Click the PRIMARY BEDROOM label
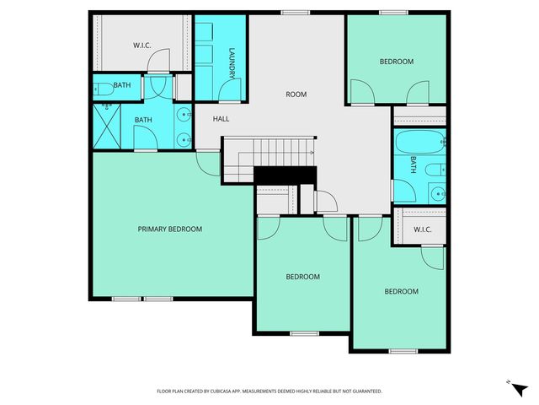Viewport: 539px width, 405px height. click(170, 229)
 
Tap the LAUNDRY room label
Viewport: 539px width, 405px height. click(232, 65)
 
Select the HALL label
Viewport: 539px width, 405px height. click(221, 119)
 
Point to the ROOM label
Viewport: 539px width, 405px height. click(296, 94)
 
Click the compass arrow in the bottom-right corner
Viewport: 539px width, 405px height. click(510, 381)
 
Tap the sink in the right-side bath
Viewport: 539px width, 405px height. click(437, 194)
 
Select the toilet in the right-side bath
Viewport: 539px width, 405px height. click(433, 170)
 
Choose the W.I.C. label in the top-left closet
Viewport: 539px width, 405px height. click(141, 45)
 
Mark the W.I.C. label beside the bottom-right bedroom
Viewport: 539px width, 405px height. click(422, 229)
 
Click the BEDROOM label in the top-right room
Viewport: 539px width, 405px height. click(396, 62)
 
